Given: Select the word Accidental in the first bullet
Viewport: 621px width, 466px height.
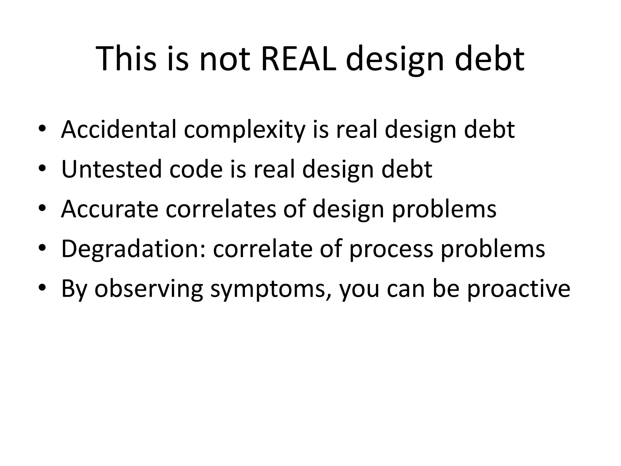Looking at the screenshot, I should (119, 130).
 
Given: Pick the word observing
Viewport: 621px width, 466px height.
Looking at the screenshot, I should (148, 289).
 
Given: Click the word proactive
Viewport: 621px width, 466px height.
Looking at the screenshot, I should (519, 289).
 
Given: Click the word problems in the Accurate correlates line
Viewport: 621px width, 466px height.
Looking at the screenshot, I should (444, 210).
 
